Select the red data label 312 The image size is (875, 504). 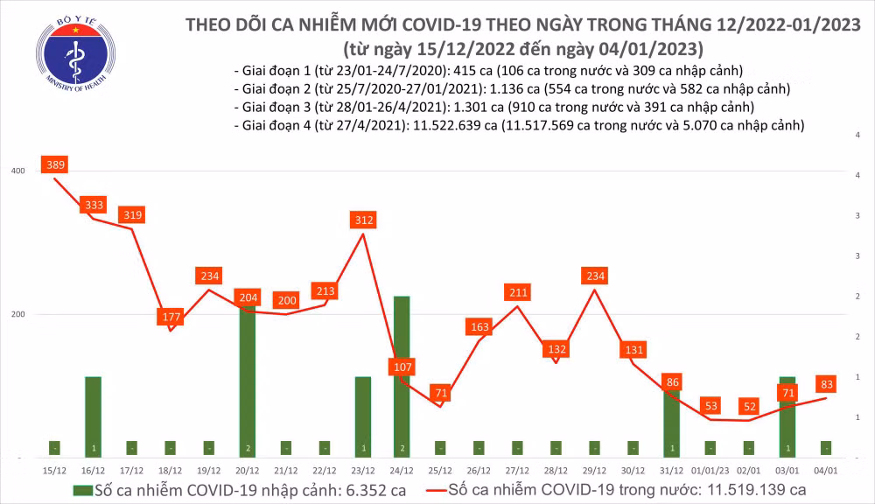pyautogui.click(x=363, y=220)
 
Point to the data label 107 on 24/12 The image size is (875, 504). pyautogui.click(x=402, y=366)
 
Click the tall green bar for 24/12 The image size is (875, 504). pyautogui.click(x=402, y=376)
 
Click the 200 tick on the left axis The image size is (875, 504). pyautogui.click(x=16, y=314)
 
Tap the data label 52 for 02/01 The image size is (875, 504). pyautogui.click(x=748, y=405)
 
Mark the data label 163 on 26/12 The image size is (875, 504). pyautogui.click(x=479, y=327)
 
